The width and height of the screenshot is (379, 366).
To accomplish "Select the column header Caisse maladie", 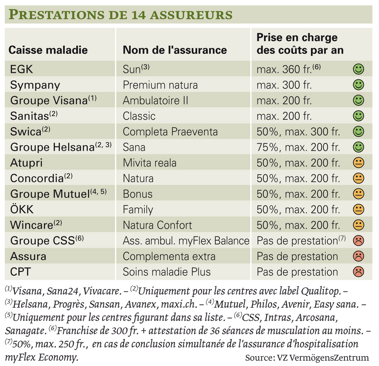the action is pos(48,50).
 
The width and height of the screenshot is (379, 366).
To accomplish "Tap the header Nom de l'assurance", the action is pos(175,50).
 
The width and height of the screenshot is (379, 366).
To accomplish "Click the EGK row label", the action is pos(21,69).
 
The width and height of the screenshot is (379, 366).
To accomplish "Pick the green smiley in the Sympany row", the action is pos(358,85).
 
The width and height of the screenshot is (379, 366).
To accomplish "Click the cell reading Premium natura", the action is pos(160,85).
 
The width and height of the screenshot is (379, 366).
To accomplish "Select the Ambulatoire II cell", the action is pos(155,100).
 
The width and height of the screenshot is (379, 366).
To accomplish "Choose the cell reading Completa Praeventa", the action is pos(170,132).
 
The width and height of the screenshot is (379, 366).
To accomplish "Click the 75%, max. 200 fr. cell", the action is pos(298,147).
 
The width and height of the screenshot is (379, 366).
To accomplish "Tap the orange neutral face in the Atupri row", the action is pos(358,162).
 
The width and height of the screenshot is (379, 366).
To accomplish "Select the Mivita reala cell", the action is pos(150,163).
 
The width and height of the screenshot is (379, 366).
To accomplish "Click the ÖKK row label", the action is pos(22,209).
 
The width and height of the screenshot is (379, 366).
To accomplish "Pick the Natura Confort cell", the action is pos(157,225).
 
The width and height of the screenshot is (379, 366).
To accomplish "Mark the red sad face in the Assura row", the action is pos(358,256).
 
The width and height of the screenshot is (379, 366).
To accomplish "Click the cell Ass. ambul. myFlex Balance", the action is pos(186,241).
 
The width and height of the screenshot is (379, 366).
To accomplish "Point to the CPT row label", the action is pos(20,272).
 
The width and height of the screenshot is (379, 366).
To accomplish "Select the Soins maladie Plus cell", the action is pos(166,272).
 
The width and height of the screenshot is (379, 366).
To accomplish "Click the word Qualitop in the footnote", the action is pos(321,291).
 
